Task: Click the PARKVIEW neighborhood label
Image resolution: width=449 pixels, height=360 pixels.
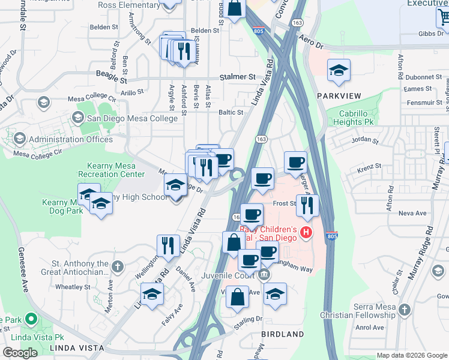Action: (339, 96)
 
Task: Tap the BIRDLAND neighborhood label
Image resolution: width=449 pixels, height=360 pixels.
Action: (282, 334)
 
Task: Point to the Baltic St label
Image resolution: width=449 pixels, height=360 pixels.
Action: (231, 112)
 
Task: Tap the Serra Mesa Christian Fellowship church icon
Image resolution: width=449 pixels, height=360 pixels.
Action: (405, 310)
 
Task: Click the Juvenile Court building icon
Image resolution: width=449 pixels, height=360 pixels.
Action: (264, 275)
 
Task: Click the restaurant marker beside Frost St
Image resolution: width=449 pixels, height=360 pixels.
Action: (307, 205)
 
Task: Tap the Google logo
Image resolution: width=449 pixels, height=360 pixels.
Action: (20, 352)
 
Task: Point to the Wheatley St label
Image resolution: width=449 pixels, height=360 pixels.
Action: (73, 287)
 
